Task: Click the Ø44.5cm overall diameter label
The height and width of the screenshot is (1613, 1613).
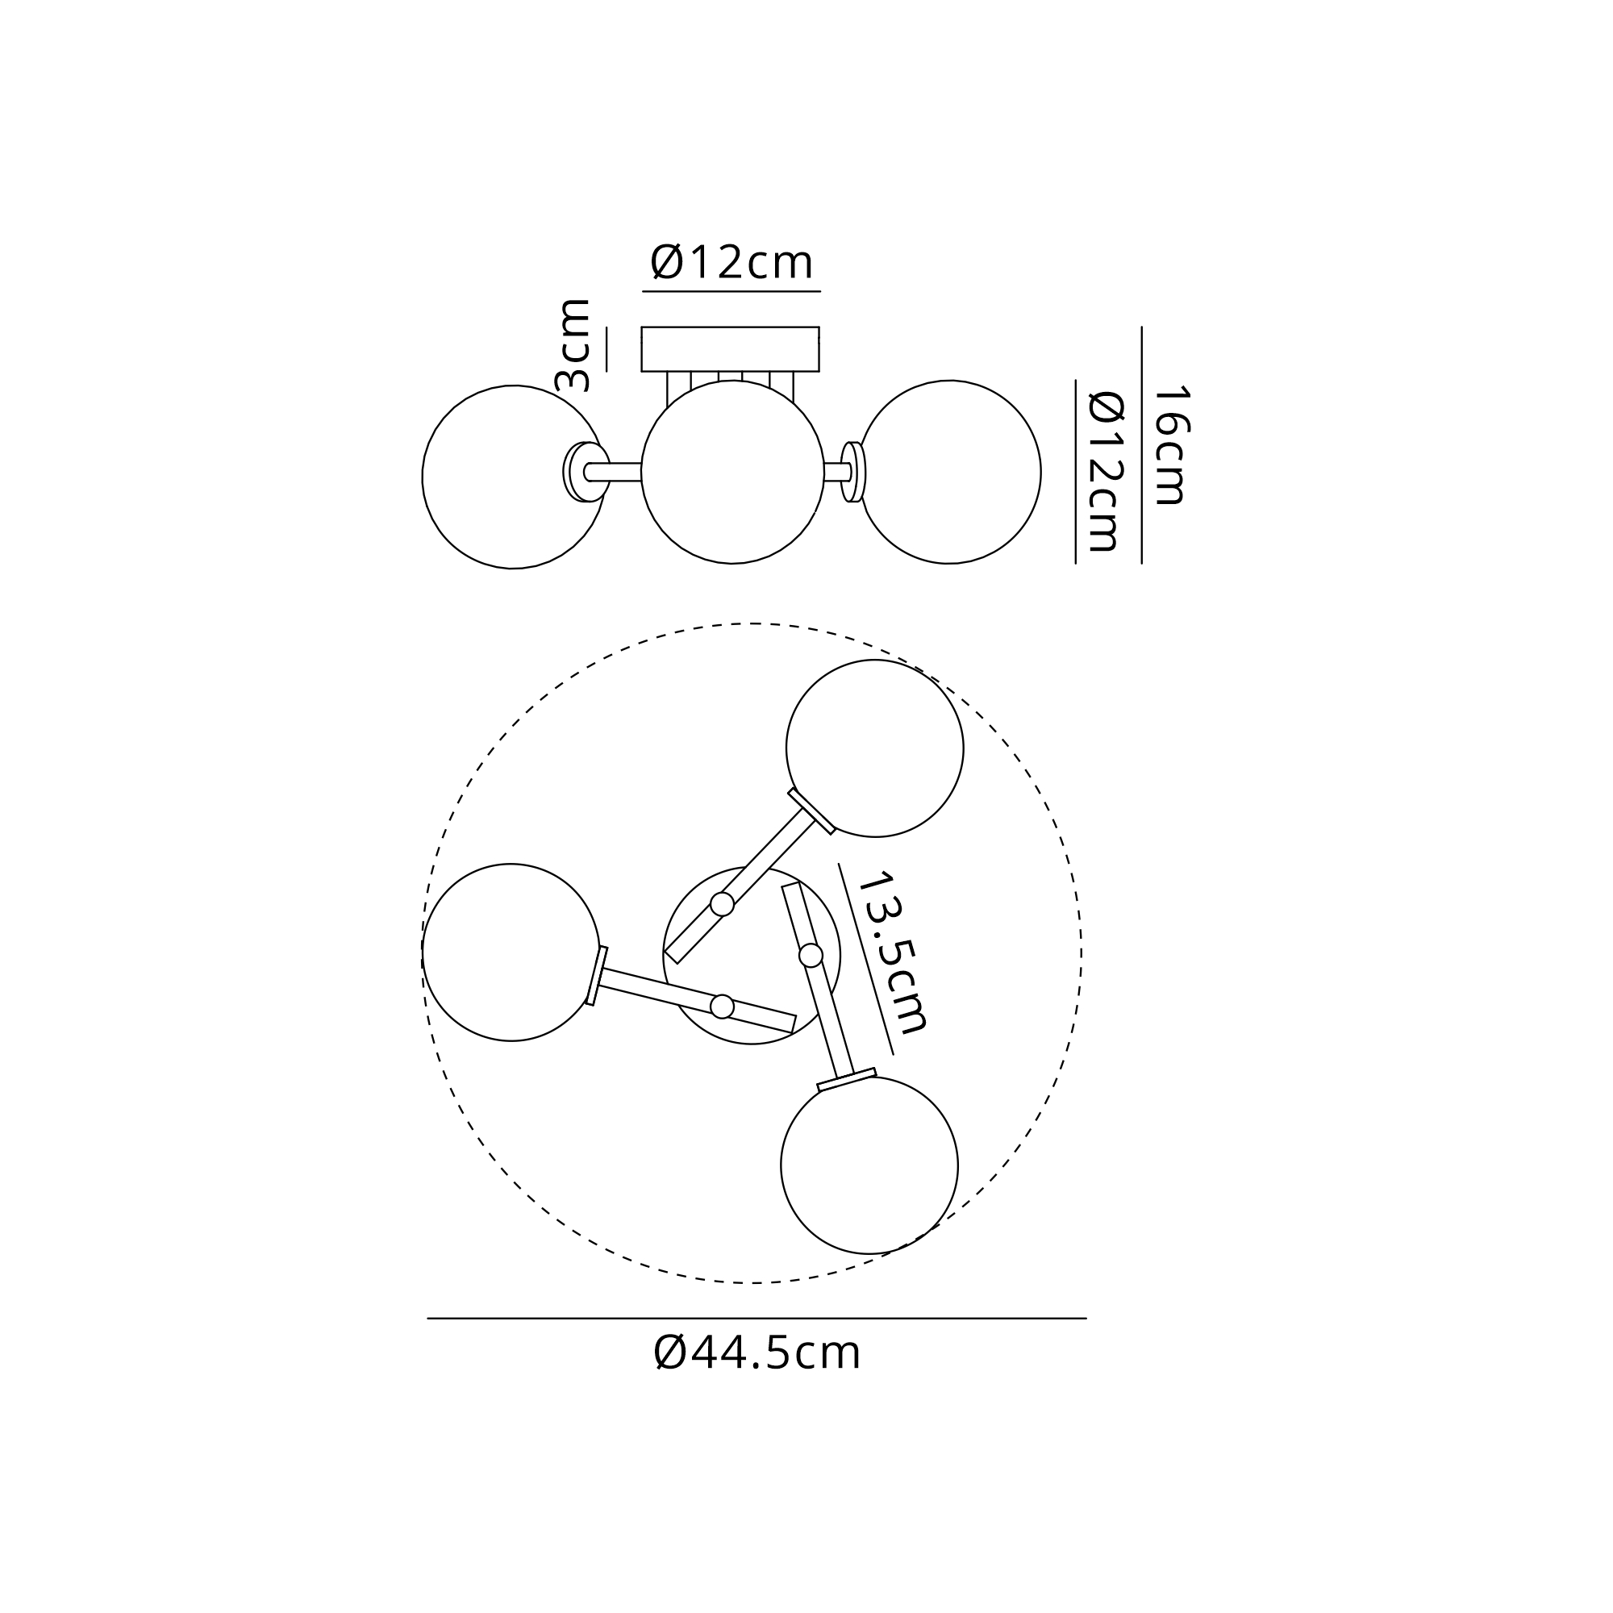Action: click(x=756, y=1353)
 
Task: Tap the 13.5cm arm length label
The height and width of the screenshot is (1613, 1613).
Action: click(x=893, y=952)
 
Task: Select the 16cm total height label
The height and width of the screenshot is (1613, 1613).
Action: click(x=1170, y=445)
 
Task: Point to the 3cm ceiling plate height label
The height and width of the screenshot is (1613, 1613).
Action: click(x=573, y=345)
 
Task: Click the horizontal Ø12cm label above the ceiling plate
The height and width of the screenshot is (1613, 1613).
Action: click(x=731, y=262)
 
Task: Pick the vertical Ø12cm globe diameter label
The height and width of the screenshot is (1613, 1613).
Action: click(x=1106, y=472)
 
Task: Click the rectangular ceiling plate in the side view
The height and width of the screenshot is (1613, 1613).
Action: click(x=731, y=349)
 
